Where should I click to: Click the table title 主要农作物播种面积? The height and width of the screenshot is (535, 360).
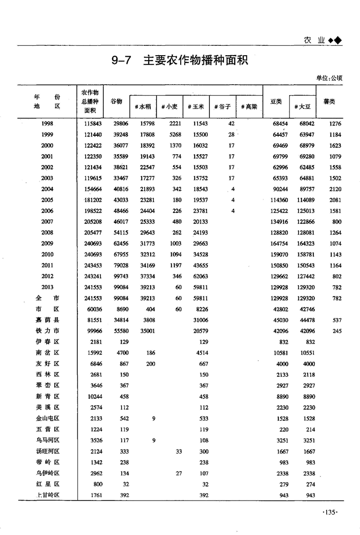(195, 61)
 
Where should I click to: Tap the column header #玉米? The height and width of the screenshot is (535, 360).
(196, 106)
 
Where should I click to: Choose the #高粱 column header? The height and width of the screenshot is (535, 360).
(249, 106)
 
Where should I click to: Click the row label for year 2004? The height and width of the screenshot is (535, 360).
(47, 189)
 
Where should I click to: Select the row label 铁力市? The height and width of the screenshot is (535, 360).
(47, 331)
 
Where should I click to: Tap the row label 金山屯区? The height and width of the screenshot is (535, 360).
(47, 418)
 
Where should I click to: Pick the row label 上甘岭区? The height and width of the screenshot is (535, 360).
(47, 495)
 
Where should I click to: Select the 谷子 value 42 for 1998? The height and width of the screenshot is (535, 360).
(231, 124)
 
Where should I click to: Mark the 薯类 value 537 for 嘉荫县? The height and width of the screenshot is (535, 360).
(337, 320)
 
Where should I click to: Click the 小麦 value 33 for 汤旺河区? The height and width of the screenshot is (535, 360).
(179, 451)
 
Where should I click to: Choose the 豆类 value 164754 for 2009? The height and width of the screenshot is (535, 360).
(278, 243)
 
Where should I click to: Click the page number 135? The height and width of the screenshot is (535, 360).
(329, 513)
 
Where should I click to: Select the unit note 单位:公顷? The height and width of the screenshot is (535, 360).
(329, 78)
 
